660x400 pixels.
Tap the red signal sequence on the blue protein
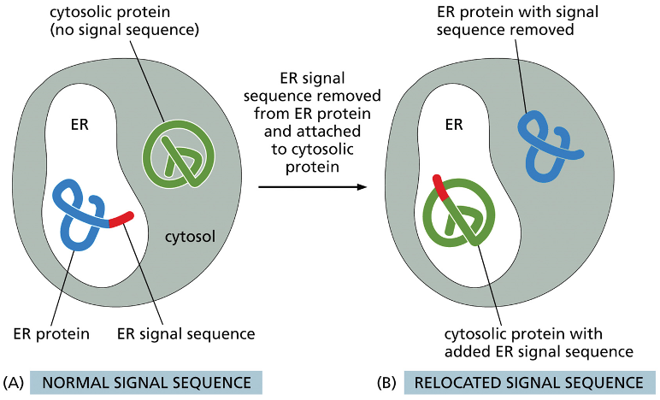(x=121, y=219)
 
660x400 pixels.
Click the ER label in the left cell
(x=80, y=125)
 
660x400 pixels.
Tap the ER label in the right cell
(x=455, y=125)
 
